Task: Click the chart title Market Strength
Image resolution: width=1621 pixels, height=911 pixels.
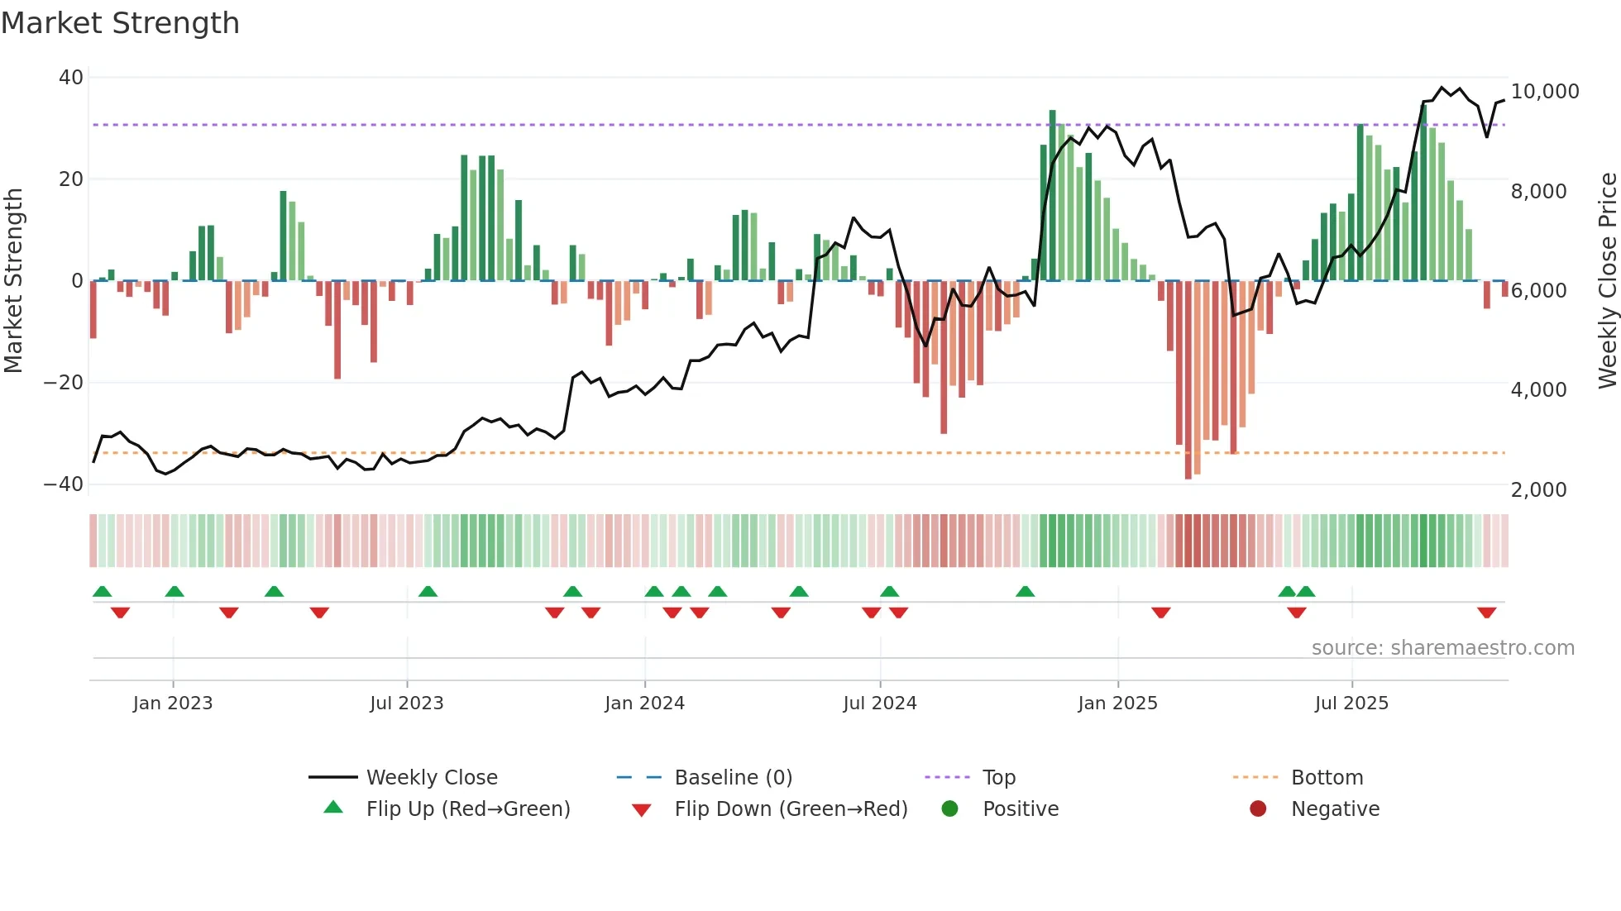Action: [x=120, y=23]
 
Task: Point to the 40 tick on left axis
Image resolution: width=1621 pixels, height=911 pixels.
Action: [x=71, y=78]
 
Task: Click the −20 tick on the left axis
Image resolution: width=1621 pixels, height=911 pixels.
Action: [x=64, y=383]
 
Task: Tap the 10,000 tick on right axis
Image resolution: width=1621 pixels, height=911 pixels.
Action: [x=1544, y=92]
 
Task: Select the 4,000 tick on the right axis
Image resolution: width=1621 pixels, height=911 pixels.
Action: [x=1538, y=390]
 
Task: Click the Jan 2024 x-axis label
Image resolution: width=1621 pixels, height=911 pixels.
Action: [x=644, y=704]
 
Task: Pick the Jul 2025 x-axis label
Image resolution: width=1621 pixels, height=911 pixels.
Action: [x=1351, y=704]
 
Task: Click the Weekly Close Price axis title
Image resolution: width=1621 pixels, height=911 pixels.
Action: [x=1607, y=281]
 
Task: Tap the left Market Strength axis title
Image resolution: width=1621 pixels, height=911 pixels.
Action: [x=14, y=281]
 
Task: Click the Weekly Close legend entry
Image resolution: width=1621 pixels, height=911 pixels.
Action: [x=432, y=778]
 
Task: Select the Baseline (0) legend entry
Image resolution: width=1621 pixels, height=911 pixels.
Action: [x=733, y=778]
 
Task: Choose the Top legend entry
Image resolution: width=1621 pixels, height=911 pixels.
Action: [x=998, y=778]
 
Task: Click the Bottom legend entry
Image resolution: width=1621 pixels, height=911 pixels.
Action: [x=1327, y=778]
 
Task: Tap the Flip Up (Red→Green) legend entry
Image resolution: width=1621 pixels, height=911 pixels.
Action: [x=468, y=809]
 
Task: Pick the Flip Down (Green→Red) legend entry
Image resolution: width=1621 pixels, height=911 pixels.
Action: [x=791, y=809]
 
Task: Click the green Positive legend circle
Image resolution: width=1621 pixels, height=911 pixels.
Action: [x=949, y=809]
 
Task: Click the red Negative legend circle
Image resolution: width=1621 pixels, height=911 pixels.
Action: [x=1258, y=809]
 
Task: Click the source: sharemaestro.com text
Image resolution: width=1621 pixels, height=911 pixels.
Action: [x=1442, y=648]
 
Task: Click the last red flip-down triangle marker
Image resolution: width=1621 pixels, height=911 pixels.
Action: [x=1486, y=613]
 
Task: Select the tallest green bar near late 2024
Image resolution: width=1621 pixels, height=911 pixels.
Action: [x=1052, y=195]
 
